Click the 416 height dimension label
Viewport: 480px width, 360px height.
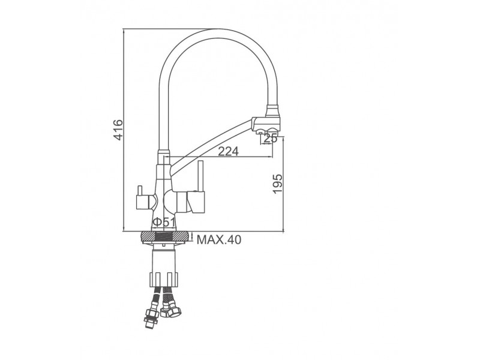point(118,130)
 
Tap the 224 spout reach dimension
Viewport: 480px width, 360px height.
point(228,151)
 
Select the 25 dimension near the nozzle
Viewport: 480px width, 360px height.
point(271,138)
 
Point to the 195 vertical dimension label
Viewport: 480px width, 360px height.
point(277,184)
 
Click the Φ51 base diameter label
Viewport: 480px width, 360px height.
point(164,221)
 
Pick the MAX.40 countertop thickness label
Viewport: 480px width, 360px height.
point(219,239)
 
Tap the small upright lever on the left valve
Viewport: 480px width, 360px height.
point(140,191)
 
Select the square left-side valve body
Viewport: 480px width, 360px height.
point(143,203)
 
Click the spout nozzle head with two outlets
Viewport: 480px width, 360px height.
point(266,125)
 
